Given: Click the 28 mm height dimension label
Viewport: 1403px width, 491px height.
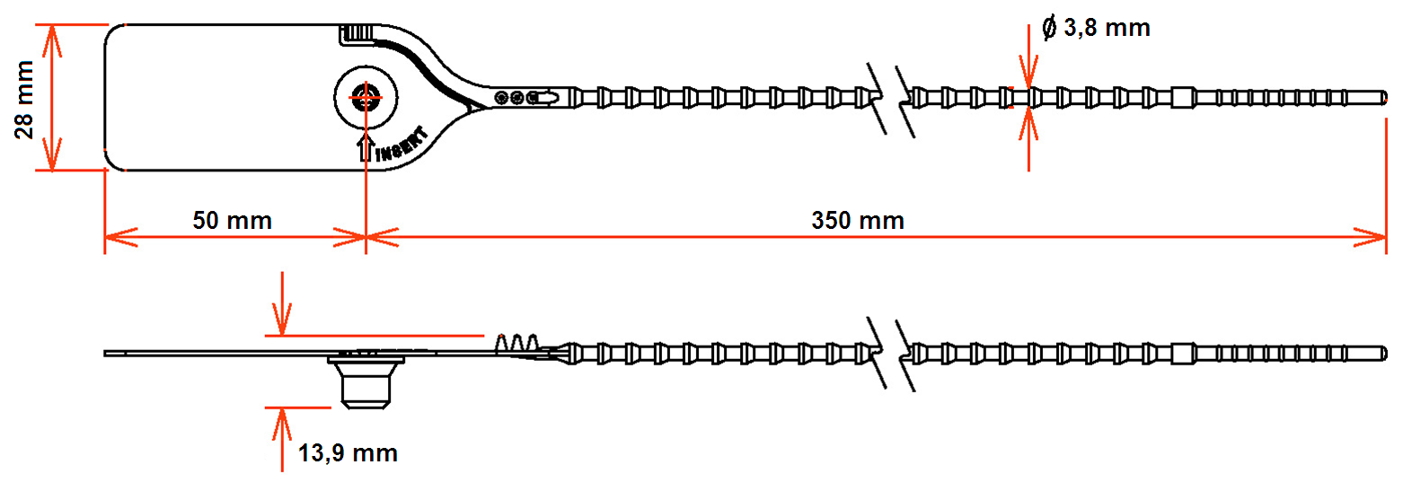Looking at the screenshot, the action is click(x=24, y=99).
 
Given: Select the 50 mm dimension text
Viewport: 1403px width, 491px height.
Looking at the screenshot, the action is click(x=233, y=221).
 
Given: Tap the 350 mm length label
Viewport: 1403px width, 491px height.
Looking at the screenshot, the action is click(x=858, y=221).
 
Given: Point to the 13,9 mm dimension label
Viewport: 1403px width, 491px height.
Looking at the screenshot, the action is click(x=348, y=452).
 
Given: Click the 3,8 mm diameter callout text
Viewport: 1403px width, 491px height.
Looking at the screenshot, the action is click(x=1107, y=28).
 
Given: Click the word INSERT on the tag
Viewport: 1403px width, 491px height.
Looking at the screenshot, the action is click(x=402, y=145).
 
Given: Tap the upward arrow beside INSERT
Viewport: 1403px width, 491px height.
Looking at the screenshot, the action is click(x=366, y=146).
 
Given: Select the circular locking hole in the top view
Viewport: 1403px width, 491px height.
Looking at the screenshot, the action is click(x=366, y=98).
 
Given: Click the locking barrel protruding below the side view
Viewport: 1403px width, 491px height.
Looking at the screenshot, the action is click(x=366, y=381).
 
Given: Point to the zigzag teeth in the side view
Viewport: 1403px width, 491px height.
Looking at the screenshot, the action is click(x=517, y=343).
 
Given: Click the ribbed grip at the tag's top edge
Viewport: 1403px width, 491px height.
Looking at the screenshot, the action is click(x=357, y=33).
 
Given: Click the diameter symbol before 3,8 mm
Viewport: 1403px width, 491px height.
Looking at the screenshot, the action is click(x=1049, y=28).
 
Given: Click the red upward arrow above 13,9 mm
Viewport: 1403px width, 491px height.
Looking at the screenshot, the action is click(x=282, y=439).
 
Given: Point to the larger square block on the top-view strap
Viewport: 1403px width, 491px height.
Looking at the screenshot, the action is click(x=1183, y=98).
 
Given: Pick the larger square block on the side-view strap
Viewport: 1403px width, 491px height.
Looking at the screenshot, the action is click(x=1183, y=354).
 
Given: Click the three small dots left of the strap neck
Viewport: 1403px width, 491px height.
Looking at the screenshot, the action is click(x=516, y=98).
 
